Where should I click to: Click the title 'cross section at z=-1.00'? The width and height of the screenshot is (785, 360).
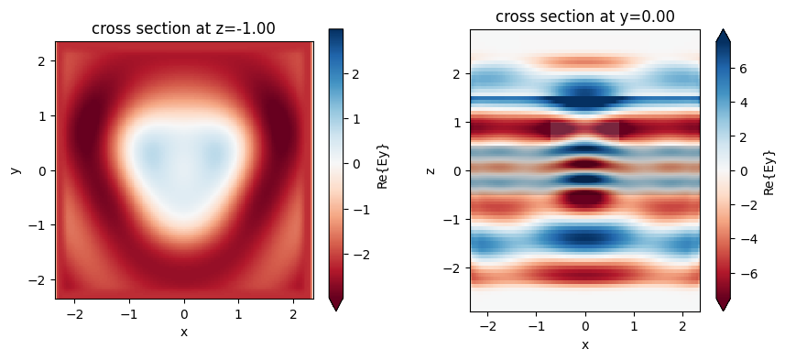[x=183, y=28]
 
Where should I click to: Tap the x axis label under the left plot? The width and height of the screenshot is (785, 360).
[x=184, y=332]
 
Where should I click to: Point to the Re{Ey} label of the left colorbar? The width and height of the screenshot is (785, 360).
[x=383, y=170]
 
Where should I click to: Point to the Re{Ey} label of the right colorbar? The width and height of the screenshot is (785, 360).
[x=770, y=170]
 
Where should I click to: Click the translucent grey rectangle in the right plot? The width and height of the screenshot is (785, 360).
[x=584, y=130]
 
